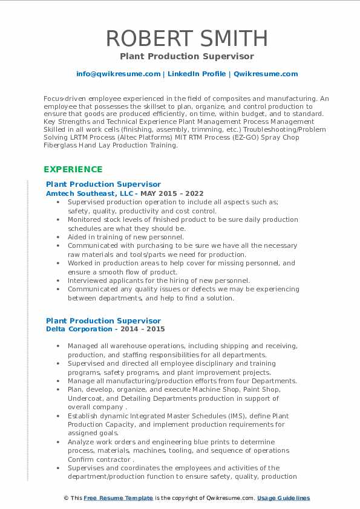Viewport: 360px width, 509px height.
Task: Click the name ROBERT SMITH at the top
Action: (x=186, y=39)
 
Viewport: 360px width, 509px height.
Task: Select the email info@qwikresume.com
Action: (x=118, y=74)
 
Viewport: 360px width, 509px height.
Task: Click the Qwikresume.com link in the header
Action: (x=266, y=74)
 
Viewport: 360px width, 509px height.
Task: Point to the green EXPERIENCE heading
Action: (x=73, y=169)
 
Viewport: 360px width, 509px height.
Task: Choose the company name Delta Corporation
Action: (x=79, y=329)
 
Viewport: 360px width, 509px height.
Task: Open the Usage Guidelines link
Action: (x=283, y=498)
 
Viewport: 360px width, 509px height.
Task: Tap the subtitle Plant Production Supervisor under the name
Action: (x=186, y=57)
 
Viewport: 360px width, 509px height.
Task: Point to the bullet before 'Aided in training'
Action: (x=58, y=238)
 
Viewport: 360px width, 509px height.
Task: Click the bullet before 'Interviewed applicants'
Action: (x=58, y=281)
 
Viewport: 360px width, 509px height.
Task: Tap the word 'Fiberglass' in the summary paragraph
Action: (x=65, y=145)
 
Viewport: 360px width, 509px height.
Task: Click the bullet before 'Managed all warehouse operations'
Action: (x=58, y=346)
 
